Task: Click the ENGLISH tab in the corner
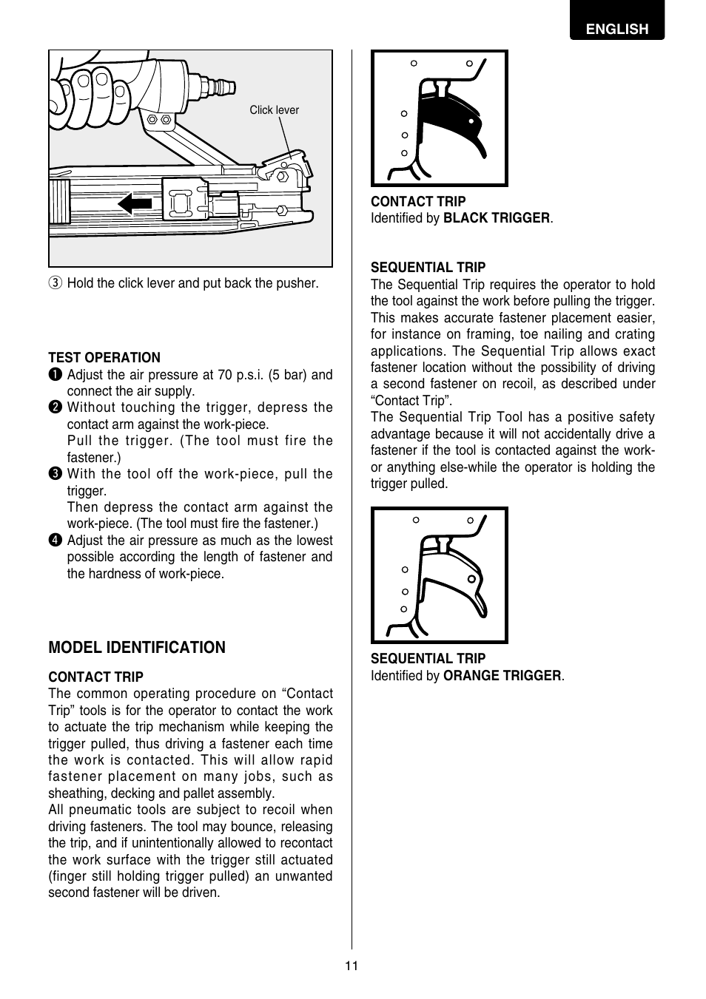point(616,29)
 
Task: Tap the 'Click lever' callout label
point(274,110)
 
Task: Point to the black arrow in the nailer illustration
point(135,203)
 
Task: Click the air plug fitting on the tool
point(215,86)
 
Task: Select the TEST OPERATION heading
point(104,358)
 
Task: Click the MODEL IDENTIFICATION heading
point(137,648)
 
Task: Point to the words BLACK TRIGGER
point(497,218)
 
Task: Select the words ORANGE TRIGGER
point(502,676)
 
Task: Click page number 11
point(352,966)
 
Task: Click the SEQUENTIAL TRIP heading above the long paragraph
point(428,268)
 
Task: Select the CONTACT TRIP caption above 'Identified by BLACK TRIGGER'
point(418,202)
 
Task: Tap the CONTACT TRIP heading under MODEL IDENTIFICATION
point(95,677)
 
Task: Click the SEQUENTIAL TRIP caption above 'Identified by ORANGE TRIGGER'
point(428,659)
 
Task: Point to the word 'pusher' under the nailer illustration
point(298,283)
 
